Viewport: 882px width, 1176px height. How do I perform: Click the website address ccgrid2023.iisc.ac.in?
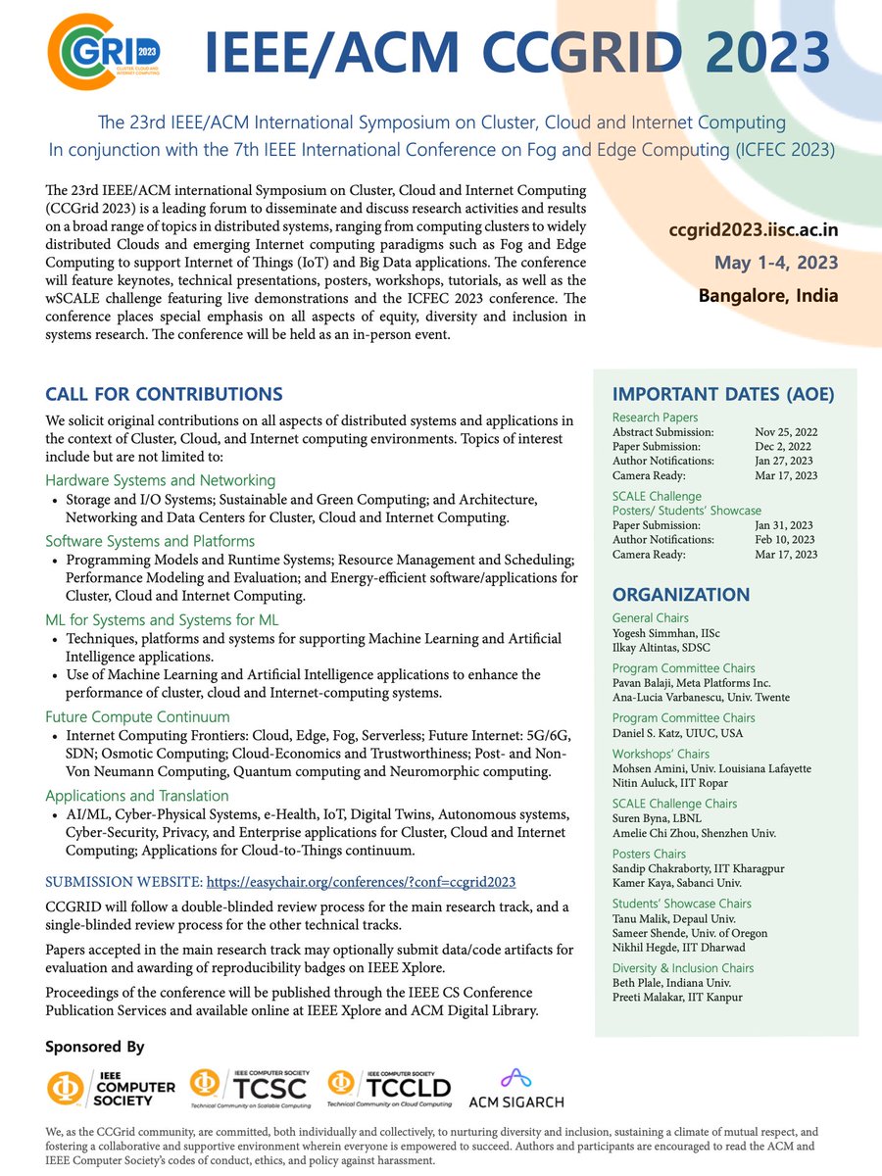click(x=754, y=230)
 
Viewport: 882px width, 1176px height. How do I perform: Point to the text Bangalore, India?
click(x=768, y=295)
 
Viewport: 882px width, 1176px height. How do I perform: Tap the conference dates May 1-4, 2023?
click(x=775, y=263)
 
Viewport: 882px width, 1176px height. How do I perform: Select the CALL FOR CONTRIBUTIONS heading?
click(x=164, y=395)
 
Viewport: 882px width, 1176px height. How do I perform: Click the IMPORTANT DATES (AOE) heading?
click(x=723, y=395)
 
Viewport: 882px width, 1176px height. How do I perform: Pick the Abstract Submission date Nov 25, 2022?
click(x=786, y=432)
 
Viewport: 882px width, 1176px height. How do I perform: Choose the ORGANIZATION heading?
click(x=681, y=595)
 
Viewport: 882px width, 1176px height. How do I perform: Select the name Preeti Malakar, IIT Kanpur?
click(x=678, y=998)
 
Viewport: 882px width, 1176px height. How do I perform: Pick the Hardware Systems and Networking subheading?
click(x=160, y=480)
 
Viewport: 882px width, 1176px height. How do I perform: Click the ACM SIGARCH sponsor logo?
click(x=516, y=1087)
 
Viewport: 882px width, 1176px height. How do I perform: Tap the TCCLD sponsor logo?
click(x=389, y=1087)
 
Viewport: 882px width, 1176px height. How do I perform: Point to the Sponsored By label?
click(x=94, y=1047)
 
